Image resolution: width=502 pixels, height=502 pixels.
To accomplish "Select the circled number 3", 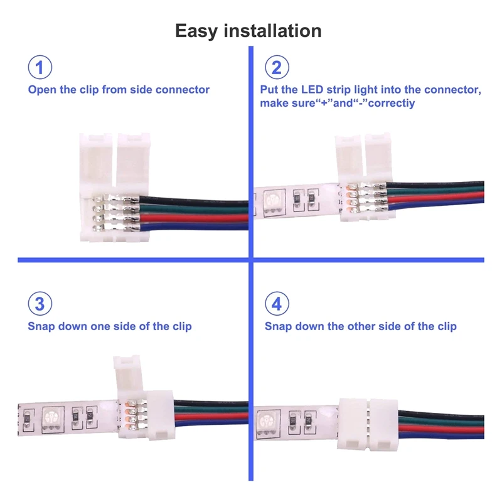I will (x=40, y=305).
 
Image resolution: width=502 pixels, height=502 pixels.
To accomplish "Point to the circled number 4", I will (x=277, y=305).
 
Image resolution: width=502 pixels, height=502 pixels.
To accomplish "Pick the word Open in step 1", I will (x=41, y=90).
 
